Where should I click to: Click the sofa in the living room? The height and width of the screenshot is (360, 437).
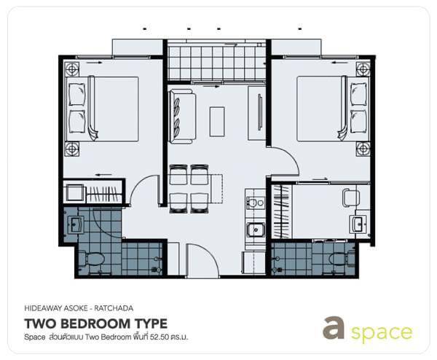(x=182, y=117)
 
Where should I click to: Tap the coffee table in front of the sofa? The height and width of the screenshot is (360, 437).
(x=217, y=122)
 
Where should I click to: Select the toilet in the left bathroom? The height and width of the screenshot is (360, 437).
(x=92, y=259)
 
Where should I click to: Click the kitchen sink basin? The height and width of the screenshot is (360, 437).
(x=256, y=230)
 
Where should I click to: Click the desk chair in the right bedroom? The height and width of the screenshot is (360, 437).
(x=350, y=197)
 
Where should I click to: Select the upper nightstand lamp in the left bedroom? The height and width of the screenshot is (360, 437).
(x=72, y=69)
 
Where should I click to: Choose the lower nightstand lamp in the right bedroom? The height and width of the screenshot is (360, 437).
(x=363, y=149)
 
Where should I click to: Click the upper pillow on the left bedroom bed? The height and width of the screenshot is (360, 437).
(x=77, y=94)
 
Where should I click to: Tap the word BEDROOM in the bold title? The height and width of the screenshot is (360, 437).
(x=96, y=324)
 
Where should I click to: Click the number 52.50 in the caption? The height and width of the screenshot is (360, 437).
(x=160, y=337)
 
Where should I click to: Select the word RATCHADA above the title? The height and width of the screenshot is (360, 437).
(x=114, y=308)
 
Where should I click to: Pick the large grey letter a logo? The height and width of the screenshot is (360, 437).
(x=334, y=327)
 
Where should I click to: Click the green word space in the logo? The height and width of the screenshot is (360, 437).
(x=381, y=333)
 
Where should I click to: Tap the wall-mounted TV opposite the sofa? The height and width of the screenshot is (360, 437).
(x=260, y=112)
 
